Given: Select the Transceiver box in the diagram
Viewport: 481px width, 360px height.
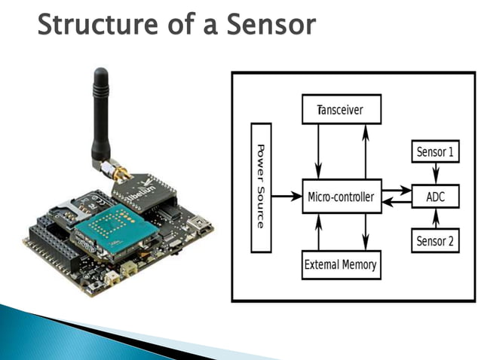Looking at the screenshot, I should pyautogui.click(x=342, y=110).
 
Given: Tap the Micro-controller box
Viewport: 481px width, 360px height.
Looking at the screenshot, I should pyautogui.click(x=342, y=197).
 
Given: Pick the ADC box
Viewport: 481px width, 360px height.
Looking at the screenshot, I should pyautogui.click(x=436, y=197).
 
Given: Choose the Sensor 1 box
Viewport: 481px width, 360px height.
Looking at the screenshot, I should pyautogui.click(x=436, y=151).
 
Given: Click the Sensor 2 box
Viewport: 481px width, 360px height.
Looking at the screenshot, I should pyautogui.click(x=436, y=241).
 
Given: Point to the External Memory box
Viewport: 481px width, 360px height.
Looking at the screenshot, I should pyautogui.click(x=341, y=264).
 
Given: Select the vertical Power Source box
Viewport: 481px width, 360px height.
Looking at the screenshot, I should pyautogui.click(x=260, y=186).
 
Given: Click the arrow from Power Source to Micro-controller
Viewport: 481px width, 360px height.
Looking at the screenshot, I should pyautogui.click(x=286, y=197).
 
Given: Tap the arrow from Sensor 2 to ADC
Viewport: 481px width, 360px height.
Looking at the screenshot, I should pyautogui.click(x=436, y=219).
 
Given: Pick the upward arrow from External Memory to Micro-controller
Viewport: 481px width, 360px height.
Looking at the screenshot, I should pyautogui.click(x=319, y=232).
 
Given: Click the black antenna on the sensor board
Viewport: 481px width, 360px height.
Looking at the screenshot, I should pyautogui.click(x=100, y=113).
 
